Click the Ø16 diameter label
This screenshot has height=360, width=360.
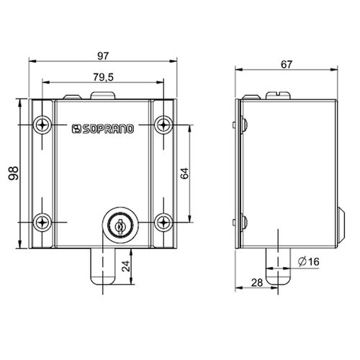click(307, 261)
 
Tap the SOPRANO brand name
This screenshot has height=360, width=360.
click(108, 130)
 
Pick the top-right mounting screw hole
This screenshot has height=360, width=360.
click(165, 124)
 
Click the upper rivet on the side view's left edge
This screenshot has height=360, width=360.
click(245, 124)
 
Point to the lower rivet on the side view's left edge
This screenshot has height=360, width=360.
click(245, 221)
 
